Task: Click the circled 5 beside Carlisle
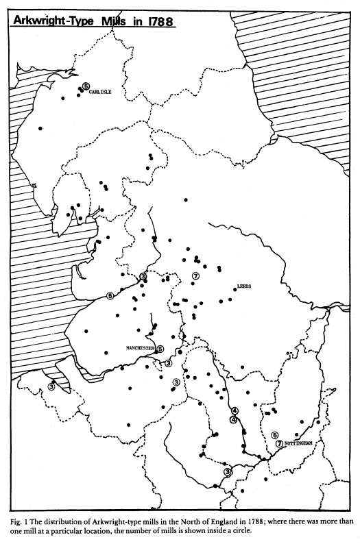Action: (86, 86)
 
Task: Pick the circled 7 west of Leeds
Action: (195, 276)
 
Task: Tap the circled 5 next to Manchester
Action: (160, 348)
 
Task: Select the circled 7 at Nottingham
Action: (278, 443)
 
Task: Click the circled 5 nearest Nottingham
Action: (274, 434)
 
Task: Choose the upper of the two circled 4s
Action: (235, 411)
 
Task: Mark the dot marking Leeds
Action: (235, 290)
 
